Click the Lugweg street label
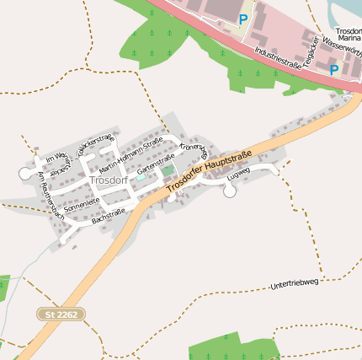(239, 173)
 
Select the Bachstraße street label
(109, 217)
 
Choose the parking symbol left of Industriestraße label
(243, 19)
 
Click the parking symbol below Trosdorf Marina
(334, 70)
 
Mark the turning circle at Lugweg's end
(230, 191)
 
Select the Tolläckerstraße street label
(95, 144)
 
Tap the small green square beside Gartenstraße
(168, 170)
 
